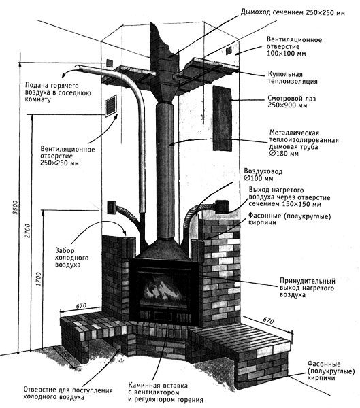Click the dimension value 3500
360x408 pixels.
pyautogui.click(x=16, y=207)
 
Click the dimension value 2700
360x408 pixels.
pyautogui.click(x=28, y=231)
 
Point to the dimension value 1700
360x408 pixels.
pyautogui.click(x=39, y=279)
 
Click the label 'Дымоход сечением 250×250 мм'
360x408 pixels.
pyautogui.click(x=293, y=12)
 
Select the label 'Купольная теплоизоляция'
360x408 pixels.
pyautogui.click(x=293, y=78)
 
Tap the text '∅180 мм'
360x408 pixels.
pyautogui.click(x=284, y=153)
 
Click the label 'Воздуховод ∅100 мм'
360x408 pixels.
pyautogui.click(x=263, y=175)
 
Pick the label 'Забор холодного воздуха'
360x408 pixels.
pyautogui.click(x=71, y=258)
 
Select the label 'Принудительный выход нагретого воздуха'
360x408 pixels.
pyautogui.click(x=308, y=288)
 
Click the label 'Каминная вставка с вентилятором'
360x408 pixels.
pyautogui.click(x=158, y=388)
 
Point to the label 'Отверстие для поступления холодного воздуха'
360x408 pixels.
pyautogui.click(x=68, y=394)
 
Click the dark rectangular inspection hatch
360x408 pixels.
pyautogui.click(x=223, y=118)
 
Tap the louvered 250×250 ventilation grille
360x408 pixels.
pyautogui.click(x=111, y=105)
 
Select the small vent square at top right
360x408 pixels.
pyautogui.click(x=229, y=50)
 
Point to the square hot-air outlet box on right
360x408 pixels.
pyautogui.click(x=221, y=206)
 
